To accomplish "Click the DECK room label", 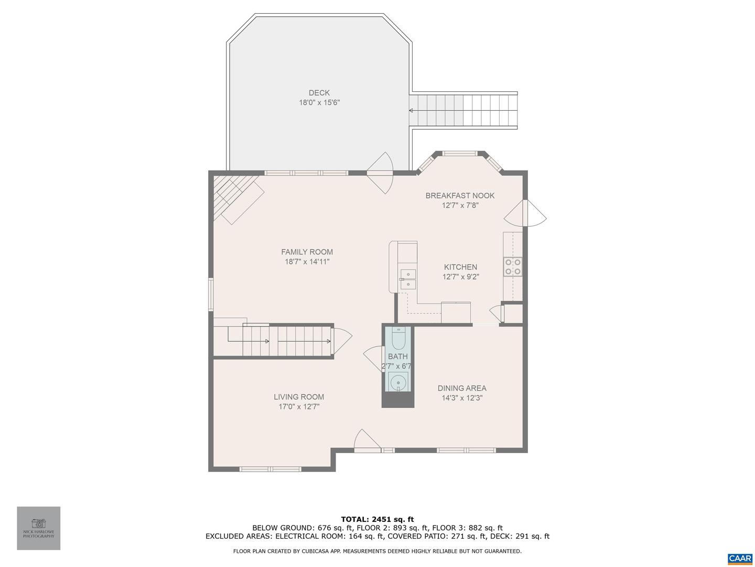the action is (319, 92).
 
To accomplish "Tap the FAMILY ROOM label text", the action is (307, 251).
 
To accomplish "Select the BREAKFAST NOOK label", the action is (460, 195).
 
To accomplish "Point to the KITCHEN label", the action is (460, 267).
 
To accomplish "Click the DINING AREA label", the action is (461, 388).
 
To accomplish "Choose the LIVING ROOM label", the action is (298, 396).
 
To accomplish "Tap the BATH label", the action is (397, 356).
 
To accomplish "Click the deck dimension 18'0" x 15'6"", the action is (319, 102).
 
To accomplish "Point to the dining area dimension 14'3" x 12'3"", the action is (462, 398).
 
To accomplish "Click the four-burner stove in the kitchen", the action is (512, 267).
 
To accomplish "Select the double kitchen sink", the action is (407, 279).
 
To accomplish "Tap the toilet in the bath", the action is (399, 338).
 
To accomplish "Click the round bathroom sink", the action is (398, 382).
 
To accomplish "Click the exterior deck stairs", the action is (463, 110).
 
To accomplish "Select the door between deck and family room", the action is (380, 173).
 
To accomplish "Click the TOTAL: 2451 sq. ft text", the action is (377, 519).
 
